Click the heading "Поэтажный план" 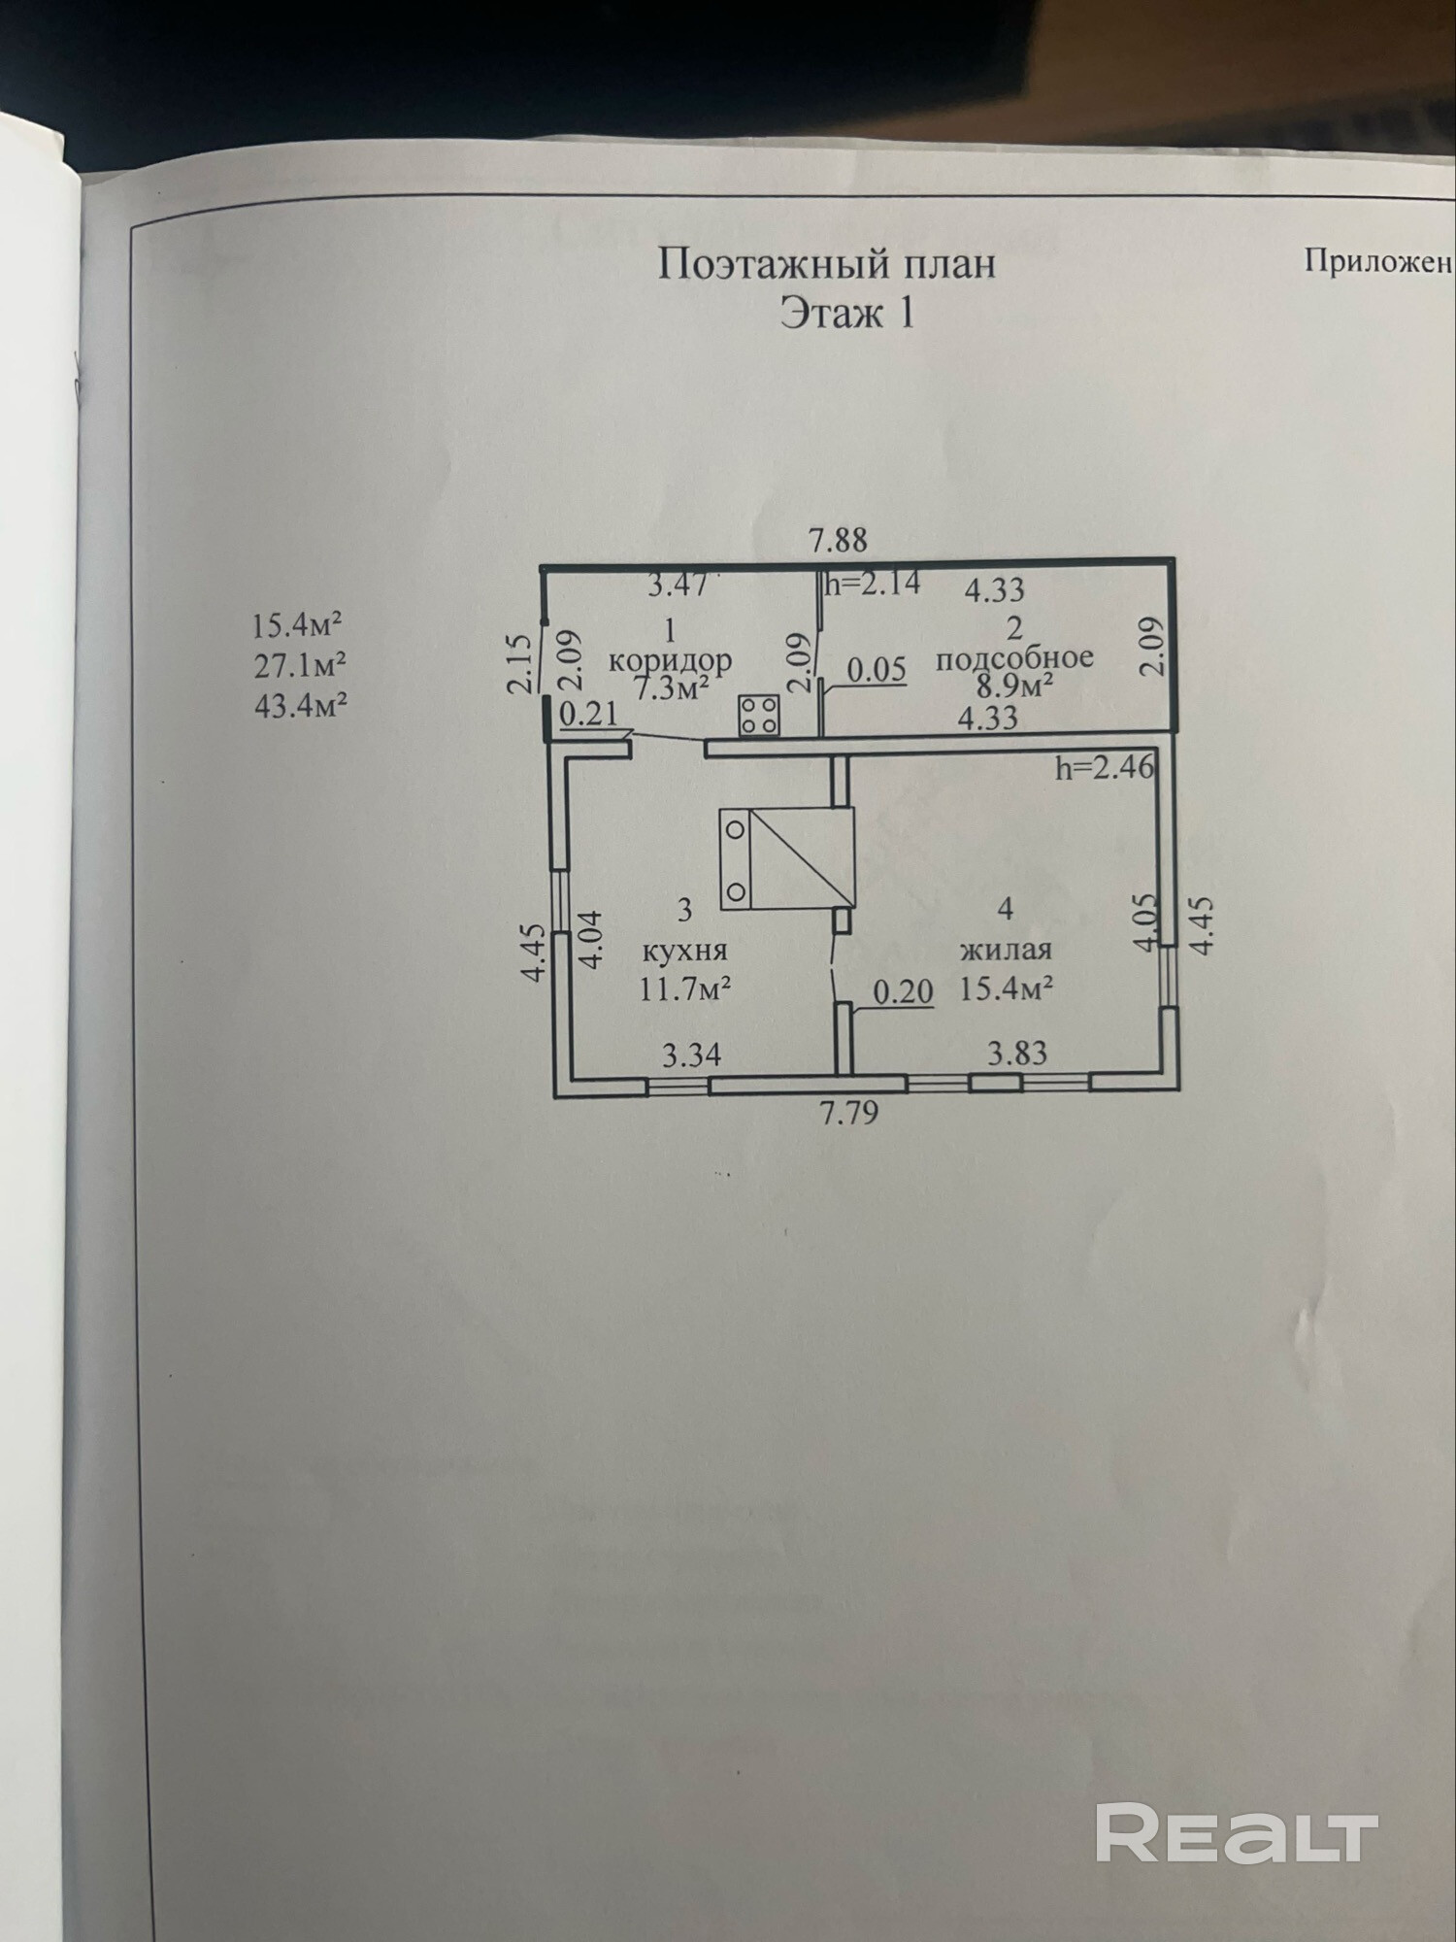(x=826, y=263)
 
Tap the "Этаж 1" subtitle (x=846, y=313)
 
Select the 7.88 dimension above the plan (x=838, y=540)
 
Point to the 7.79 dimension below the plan (x=849, y=1112)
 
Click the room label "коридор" (x=670, y=660)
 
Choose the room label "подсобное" (x=1014, y=657)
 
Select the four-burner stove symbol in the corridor (x=760, y=714)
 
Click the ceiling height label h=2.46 (x=1106, y=768)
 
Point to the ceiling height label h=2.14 (x=873, y=584)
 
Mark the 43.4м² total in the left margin (x=300, y=705)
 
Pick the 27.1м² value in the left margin (x=299, y=665)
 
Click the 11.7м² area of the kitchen (x=683, y=989)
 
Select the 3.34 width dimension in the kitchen (x=691, y=1055)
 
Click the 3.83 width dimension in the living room (x=1017, y=1053)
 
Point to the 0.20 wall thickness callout (x=903, y=991)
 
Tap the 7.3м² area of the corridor (x=671, y=689)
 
